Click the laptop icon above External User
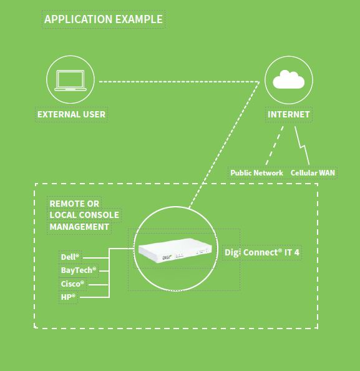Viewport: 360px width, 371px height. click(71, 81)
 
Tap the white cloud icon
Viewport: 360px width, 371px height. click(289, 79)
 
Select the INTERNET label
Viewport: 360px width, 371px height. click(289, 114)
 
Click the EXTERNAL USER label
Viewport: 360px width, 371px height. click(71, 114)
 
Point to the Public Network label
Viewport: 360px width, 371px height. click(256, 173)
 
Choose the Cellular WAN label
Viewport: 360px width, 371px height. click(313, 173)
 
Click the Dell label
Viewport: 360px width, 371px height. click(70, 257)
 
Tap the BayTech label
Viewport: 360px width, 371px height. click(79, 270)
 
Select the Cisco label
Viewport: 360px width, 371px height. click(72, 284)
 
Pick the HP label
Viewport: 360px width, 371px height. click(68, 297)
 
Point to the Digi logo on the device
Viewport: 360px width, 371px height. click(167, 257)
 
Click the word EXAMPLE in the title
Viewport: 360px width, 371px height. click(139, 19)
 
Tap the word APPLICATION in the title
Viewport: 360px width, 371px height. click(78, 19)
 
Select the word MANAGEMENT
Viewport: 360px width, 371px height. click(79, 227)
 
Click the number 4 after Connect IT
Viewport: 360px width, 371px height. click(297, 252)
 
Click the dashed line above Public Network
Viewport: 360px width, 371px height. click(275, 146)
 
